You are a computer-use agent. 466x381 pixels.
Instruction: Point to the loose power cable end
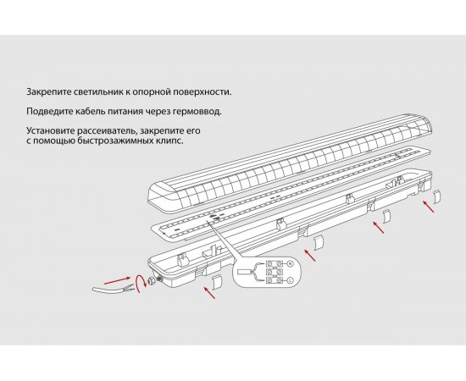coord(106,292)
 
